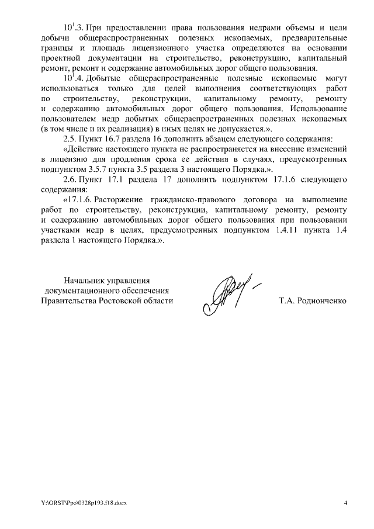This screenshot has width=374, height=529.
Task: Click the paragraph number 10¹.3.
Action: (74, 28)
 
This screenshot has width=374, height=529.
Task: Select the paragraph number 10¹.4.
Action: (74, 78)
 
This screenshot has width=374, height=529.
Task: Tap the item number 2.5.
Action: (70, 139)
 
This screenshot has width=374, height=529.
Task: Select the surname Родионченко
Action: (323, 300)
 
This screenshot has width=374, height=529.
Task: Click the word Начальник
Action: (85, 279)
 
